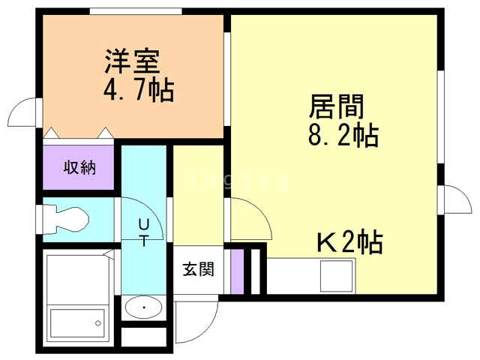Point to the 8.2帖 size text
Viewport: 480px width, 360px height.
(342, 136)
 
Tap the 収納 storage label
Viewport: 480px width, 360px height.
(79, 168)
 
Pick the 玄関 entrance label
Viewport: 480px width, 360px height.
(198, 268)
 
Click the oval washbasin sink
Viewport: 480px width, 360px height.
(142, 307)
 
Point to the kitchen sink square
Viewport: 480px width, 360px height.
(336, 276)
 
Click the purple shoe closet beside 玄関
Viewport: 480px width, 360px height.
(237, 271)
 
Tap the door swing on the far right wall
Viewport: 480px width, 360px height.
(454, 201)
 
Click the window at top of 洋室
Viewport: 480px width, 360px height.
(135, 10)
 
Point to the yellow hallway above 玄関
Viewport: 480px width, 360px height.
(199, 195)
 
